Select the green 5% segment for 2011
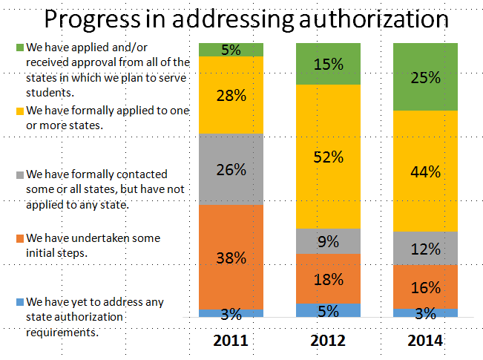tap(231, 50)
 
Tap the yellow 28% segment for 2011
tap(231, 95)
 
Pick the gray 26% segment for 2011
tap(231, 169)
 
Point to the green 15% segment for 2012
tap(328, 64)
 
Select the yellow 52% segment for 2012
tap(328, 157)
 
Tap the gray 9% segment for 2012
tap(328, 240)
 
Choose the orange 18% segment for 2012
tap(328, 279)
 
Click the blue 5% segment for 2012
tap(328, 310)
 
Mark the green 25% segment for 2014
tap(425, 76)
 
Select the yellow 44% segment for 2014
tap(425, 171)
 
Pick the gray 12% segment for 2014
tap(425, 249)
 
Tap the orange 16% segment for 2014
tap(425, 287)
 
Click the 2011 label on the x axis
tap(231, 341)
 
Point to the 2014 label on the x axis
tap(425, 341)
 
